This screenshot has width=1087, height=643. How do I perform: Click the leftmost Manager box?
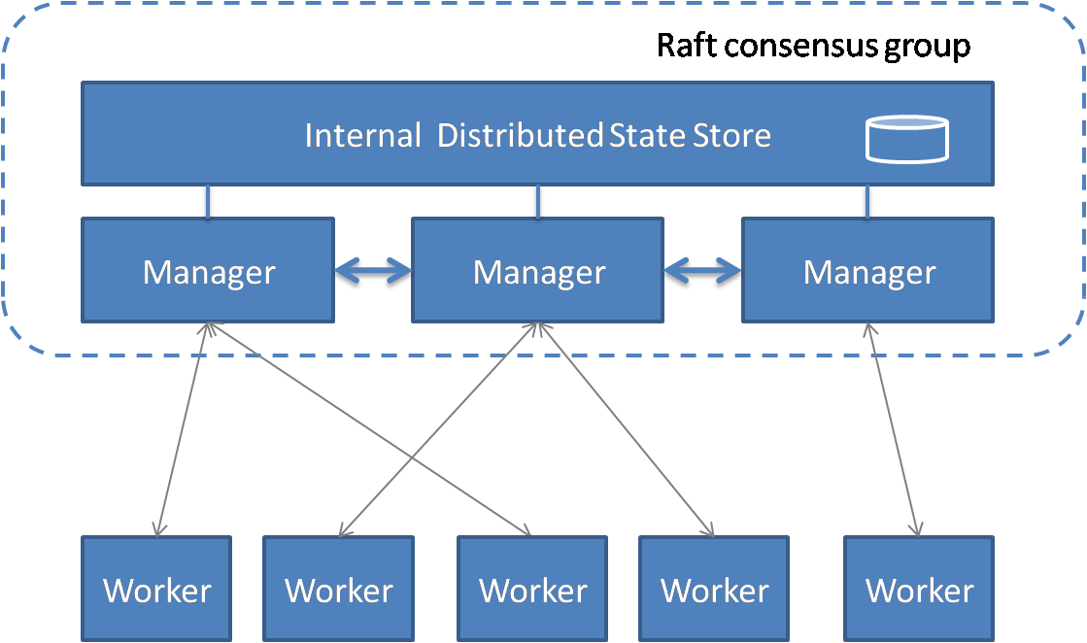coord(208,271)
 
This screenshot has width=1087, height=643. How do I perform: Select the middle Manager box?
coord(538,271)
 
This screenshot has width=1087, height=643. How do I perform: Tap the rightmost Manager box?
coord(868,271)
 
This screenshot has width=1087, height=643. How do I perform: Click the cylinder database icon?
coord(906,138)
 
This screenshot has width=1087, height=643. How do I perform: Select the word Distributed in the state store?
coord(520,135)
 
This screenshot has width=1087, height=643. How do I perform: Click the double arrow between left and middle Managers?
coord(373,271)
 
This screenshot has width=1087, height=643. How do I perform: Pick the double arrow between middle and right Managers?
coord(703,271)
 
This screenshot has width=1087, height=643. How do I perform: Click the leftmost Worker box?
coord(156,590)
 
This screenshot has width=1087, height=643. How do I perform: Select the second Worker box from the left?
coord(338,590)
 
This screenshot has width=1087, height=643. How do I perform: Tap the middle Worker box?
coord(532,590)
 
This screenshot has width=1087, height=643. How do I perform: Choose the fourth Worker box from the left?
coord(714,590)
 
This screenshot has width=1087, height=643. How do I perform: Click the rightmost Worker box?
coord(919,590)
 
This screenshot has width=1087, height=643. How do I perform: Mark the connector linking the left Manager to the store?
coord(207,201)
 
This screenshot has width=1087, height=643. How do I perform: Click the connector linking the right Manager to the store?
coord(867,201)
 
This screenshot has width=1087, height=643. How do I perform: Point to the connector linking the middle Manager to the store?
coord(537,201)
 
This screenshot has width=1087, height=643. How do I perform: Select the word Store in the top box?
coord(731,135)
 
